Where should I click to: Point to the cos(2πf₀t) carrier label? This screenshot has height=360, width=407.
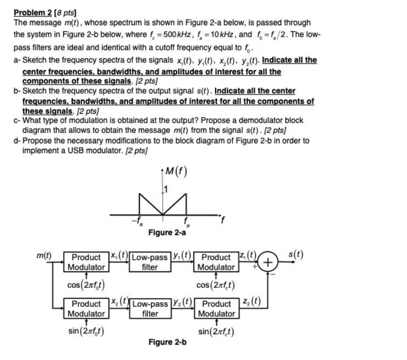[x=87, y=284]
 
